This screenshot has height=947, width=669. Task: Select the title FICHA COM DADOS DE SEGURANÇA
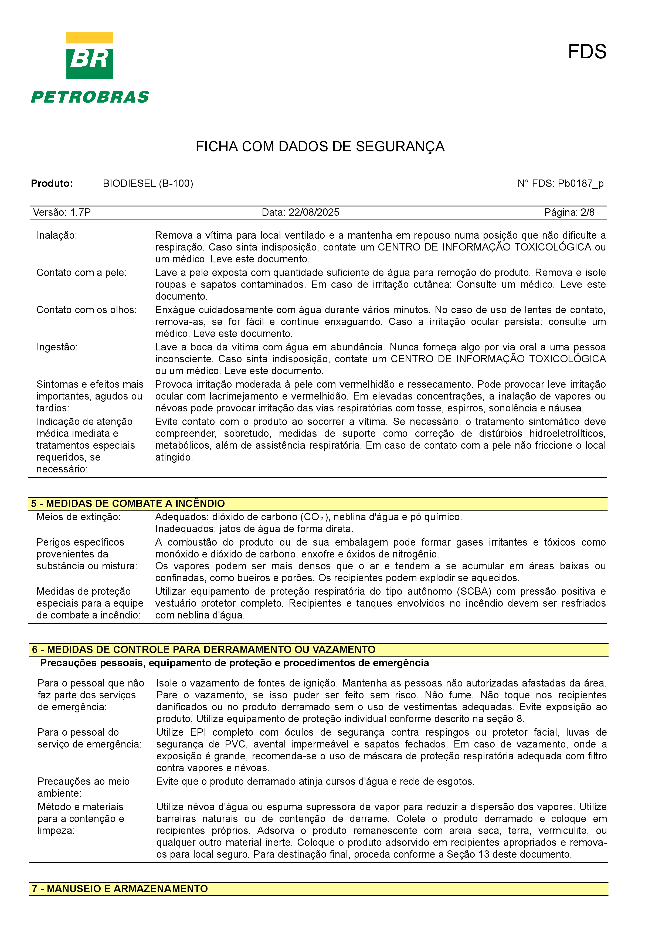pyautogui.click(x=320, y=146)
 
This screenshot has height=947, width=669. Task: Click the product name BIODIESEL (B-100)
pyautogui.click(x=148, y=184)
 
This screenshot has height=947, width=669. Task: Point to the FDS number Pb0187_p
pyautogui.click(x=580, y=184)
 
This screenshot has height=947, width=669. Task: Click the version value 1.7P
pyautogui.click(x=80, y=212)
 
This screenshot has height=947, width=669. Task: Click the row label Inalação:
pyautogui.click(x=56, y=235)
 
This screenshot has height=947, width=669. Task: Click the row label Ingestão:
pyautogui.click(x=57, y=347)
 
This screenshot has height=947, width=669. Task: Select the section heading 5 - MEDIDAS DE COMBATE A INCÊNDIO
pyautogui.click(x=128, y=504)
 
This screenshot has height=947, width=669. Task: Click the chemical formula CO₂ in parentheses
pyautogui.click(x=314, y=517)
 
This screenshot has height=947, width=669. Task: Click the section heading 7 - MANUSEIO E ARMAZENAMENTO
pyautogui.click(x=120, y=889)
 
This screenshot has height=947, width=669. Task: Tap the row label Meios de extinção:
pyautogui.click(x=78, y=517)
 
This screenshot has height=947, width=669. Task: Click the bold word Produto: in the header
pyautogui.click(x=52, y=184)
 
